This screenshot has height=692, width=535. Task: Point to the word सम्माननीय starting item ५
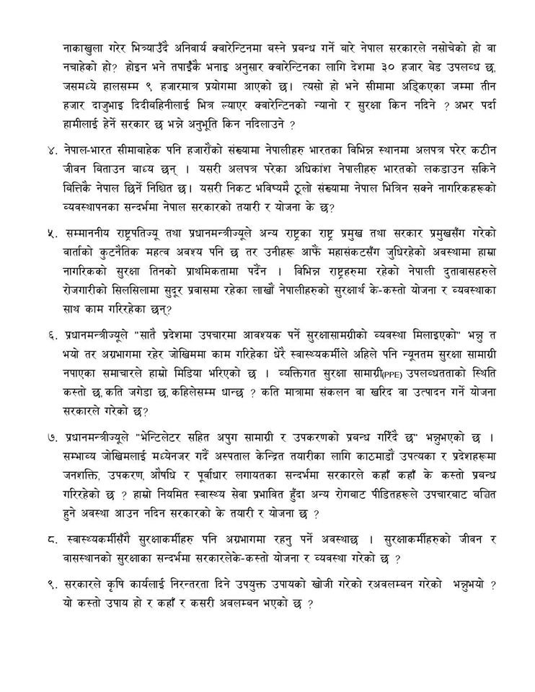[x=90, y=235]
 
